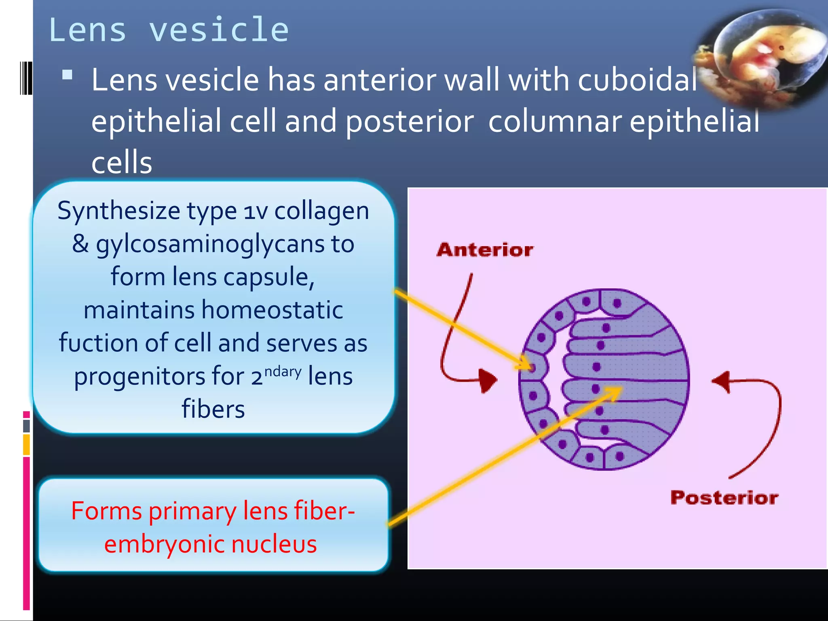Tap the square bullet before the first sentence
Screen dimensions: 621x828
coord(67,75)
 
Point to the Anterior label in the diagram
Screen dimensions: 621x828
coord(485,250)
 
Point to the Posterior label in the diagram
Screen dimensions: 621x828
coord(724,497)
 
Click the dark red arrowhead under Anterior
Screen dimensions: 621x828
coord(488,380)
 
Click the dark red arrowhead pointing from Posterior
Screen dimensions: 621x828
coord(722,381)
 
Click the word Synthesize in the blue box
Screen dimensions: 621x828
coord(118,211)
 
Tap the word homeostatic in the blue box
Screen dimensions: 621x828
coord(272,310)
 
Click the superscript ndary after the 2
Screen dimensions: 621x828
coord(283,371)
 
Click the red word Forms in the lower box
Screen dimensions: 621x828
coord(106,511)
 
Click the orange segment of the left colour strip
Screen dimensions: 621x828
coord(27,445)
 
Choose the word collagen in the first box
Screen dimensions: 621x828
coord(321,211)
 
